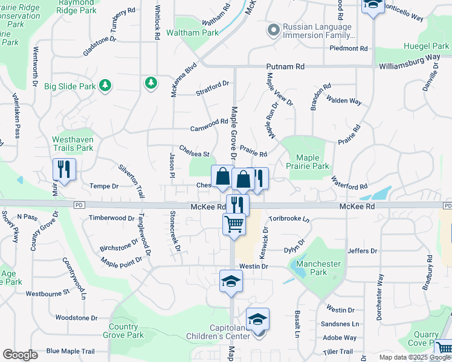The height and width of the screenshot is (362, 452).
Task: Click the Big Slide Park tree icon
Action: pos(106,86)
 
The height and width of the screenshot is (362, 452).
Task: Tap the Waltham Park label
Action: pos(192,33)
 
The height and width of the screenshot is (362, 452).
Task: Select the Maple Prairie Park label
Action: pos(308,162)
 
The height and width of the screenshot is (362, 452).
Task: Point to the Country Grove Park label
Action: pos(123,331)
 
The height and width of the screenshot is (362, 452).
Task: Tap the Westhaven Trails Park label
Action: pos(73,144)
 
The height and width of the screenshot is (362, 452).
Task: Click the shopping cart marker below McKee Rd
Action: pos(234,224)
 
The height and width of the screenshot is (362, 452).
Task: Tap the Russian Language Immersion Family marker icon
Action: pos(274,29)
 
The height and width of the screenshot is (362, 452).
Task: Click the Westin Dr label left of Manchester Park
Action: pos(253,265)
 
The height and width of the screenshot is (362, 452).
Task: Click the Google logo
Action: pos(20,355)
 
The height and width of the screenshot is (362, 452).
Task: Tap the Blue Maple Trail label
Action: pos(71,351)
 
